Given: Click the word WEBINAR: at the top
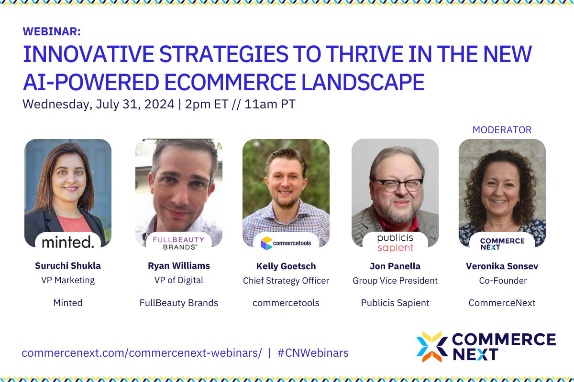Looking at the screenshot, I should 52,32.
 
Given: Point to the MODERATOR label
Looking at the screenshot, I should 502,130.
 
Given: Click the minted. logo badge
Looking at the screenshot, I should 68,242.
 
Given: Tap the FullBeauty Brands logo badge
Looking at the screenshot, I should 178,243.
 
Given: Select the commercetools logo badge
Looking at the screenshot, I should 286,243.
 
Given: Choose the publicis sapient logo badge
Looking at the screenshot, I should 395,243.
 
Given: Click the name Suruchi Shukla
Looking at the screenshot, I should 68,266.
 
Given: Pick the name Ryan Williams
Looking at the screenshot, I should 179,266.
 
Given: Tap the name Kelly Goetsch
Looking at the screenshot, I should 286,266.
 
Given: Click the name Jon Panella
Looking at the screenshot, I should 395,266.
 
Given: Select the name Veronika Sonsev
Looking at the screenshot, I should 502,266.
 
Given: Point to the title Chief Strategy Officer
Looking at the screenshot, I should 286,281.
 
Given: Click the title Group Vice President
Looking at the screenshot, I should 395,281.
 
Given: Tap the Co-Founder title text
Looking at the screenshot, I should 502,281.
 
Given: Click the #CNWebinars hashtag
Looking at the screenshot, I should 312,353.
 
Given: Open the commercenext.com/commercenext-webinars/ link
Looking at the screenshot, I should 142,353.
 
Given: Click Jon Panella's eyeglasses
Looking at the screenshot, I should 398,184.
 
